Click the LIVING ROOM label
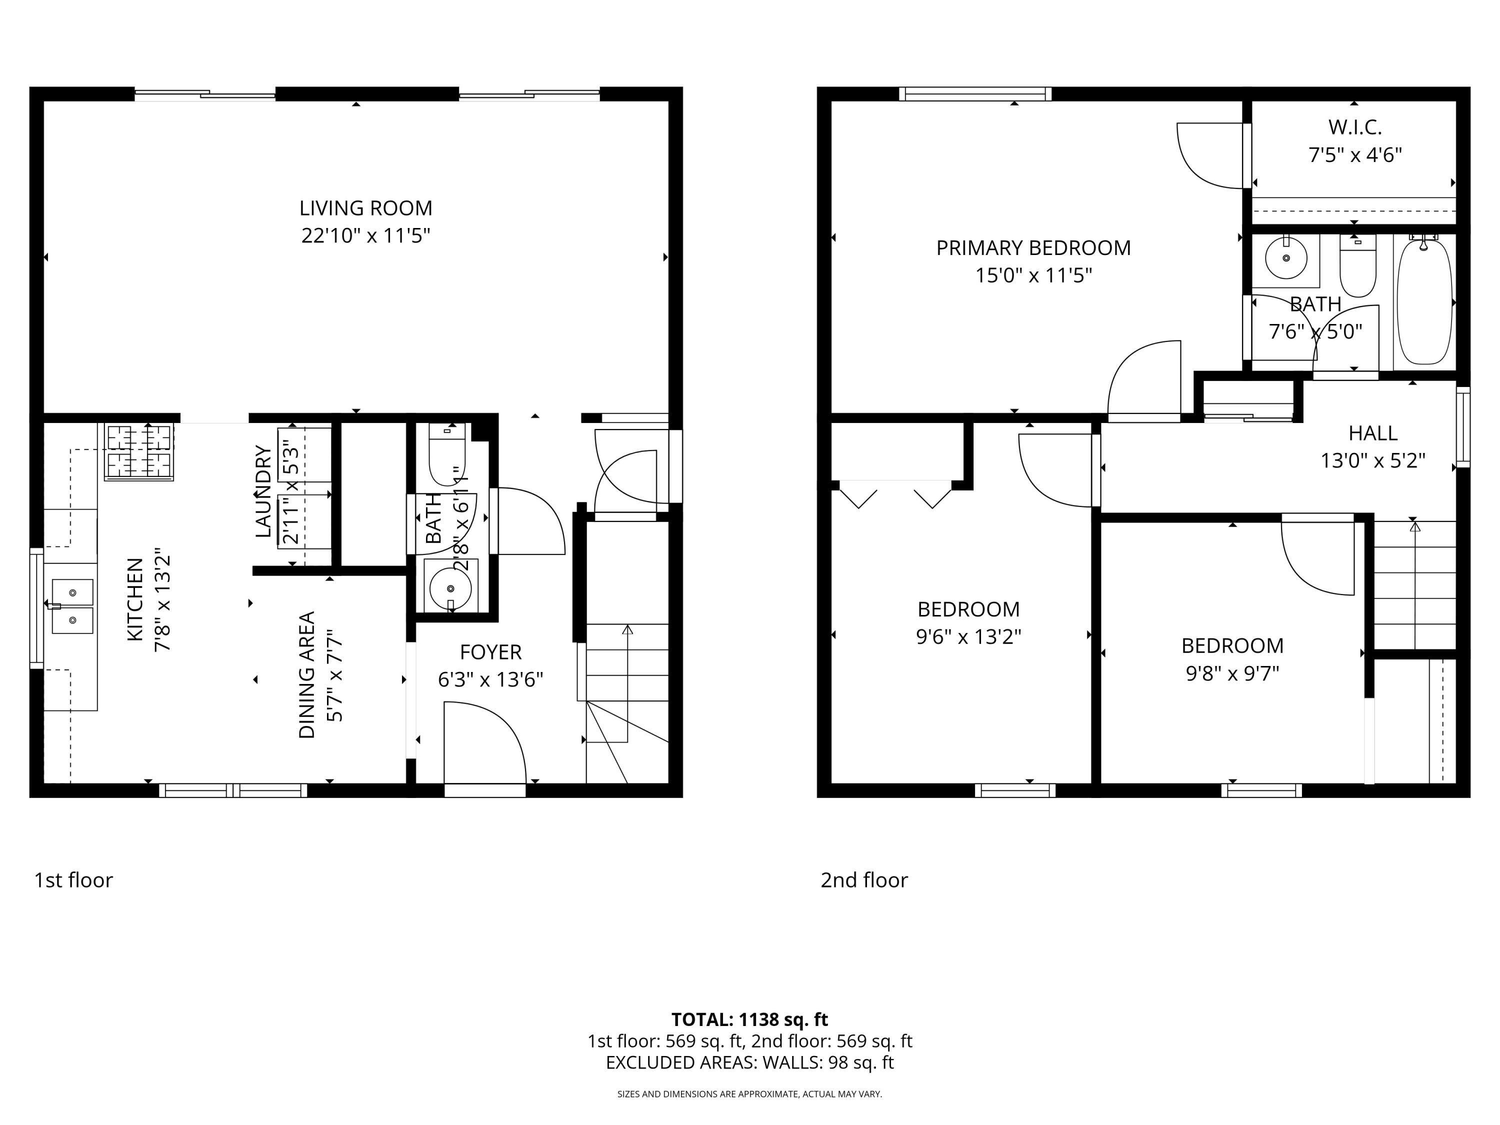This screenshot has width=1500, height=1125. tap(365, 208)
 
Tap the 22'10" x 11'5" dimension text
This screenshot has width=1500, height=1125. tap(365, 236)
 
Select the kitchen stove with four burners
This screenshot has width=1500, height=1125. tap(139, 451)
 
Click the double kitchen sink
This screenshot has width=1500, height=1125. tap(72, 606)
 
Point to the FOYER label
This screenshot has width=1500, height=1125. tap(490, 652)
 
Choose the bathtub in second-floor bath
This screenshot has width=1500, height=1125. tap(1424, 302)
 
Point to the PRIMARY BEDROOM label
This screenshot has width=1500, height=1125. tap(1033, 248)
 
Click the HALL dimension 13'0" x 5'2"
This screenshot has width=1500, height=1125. tap(1372, 461)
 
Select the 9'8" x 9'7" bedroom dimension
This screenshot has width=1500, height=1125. tap(1232, 673)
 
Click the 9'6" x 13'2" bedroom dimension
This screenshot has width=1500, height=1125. tap(968, 637)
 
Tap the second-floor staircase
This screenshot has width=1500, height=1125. tap(1414, 584)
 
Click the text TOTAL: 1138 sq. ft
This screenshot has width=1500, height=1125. tap(749, 1019)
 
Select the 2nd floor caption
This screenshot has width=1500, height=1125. tap(864, 880)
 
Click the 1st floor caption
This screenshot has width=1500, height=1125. tap(73, 880)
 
